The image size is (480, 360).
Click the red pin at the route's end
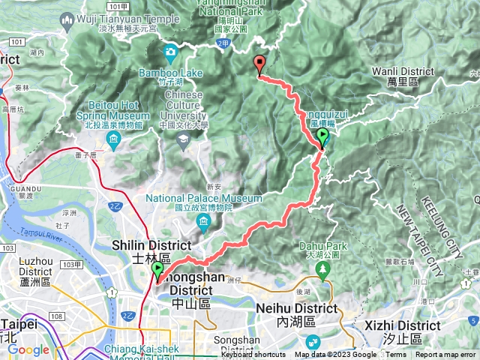coord(260,64)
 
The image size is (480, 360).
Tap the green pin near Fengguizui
coord(323,137)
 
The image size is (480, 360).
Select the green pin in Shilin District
coord(157,270)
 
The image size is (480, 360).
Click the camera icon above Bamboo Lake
coord(170,52)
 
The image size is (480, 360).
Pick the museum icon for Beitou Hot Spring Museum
coord(115,142)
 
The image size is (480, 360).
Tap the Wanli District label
coord(403,72)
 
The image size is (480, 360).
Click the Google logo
coord(28,349)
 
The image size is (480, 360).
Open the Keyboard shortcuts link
coord(253,355)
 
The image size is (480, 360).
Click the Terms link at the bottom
coord(396,355)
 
